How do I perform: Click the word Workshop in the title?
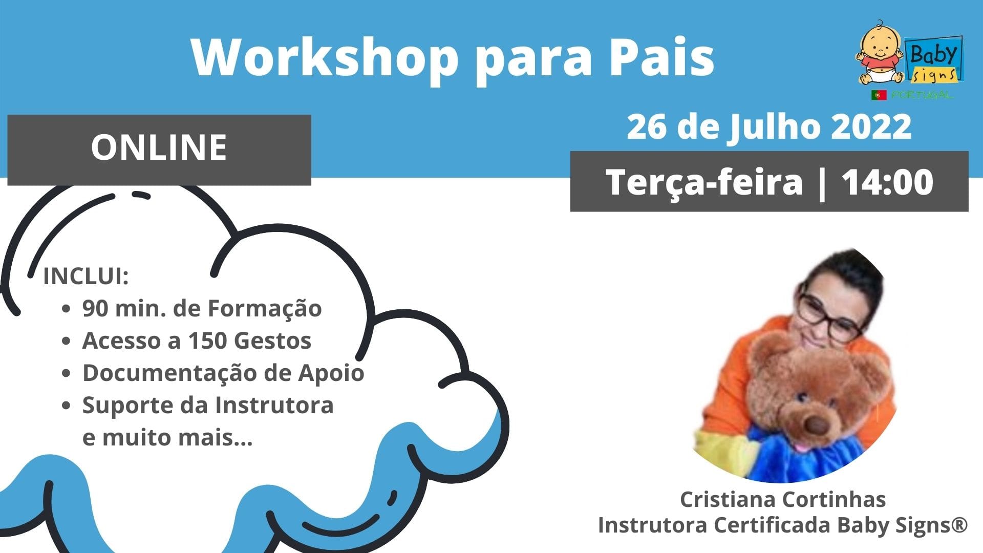point(325,57)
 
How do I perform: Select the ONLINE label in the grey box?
point(159,147)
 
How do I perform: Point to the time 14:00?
point(887,182)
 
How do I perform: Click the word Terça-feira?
point(704,183)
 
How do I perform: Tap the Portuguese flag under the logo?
point(879,95)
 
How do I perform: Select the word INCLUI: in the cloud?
point(86,276)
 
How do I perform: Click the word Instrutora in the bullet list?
point(274,405)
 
